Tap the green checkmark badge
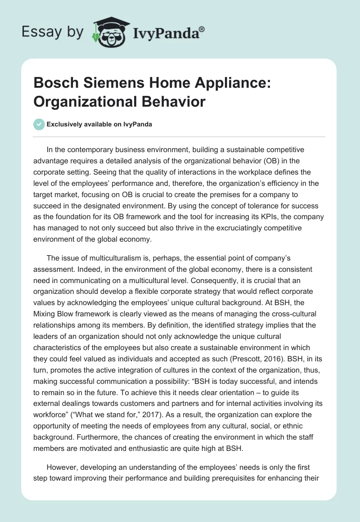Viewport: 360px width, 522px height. click(39, 125)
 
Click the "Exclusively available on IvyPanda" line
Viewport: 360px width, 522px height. click(99, 125)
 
